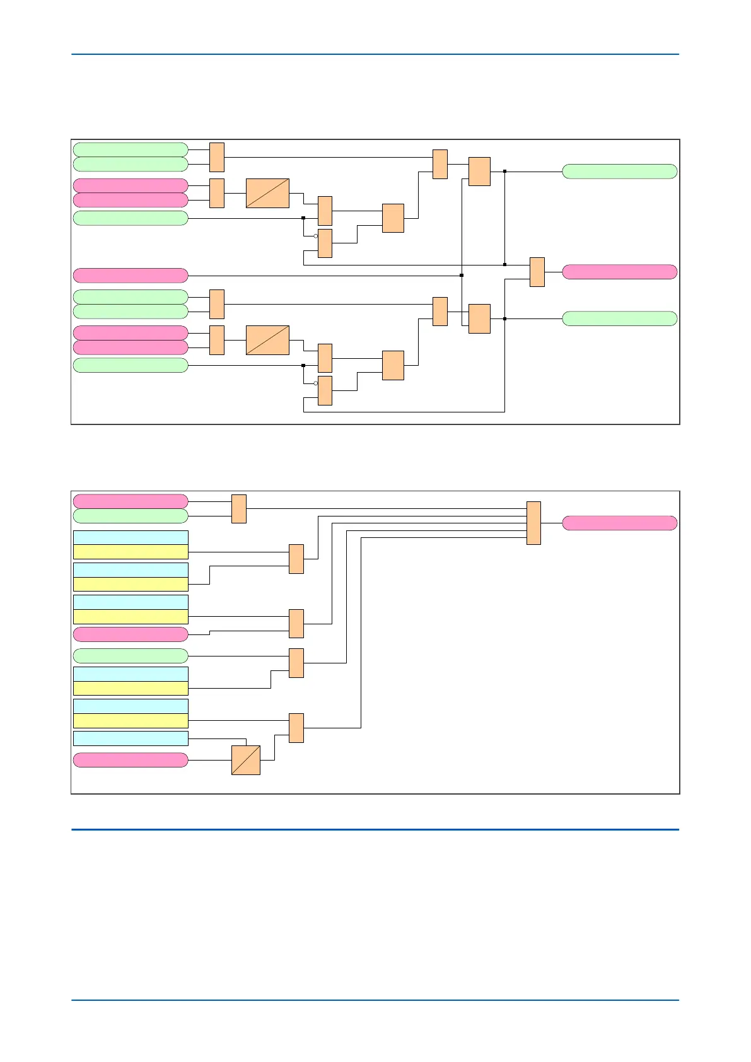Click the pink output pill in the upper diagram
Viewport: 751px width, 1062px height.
619,272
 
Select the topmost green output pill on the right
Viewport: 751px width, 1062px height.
619,172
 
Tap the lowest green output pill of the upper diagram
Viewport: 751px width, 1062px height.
619,318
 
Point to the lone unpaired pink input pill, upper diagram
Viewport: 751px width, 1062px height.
131,276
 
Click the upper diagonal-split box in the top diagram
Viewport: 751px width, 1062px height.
267,193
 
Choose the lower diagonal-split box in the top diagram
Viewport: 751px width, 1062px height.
267,340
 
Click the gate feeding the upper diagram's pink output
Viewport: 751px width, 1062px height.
537,272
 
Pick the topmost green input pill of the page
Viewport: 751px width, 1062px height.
131,149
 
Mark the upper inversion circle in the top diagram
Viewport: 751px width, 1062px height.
316,236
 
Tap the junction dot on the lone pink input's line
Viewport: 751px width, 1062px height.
462,276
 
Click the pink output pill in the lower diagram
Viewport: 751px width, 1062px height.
619,523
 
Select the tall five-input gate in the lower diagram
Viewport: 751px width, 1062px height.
533,523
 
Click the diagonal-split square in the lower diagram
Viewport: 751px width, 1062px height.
246,760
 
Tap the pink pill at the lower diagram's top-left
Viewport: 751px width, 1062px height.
131,501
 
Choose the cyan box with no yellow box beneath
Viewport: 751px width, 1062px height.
131,738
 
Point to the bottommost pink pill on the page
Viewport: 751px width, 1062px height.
131,760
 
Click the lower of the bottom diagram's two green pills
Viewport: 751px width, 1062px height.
131,656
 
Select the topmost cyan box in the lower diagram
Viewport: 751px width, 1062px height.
131,537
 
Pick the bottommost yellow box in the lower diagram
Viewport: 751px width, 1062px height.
131,721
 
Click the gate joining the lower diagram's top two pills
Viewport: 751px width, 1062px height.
239,509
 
